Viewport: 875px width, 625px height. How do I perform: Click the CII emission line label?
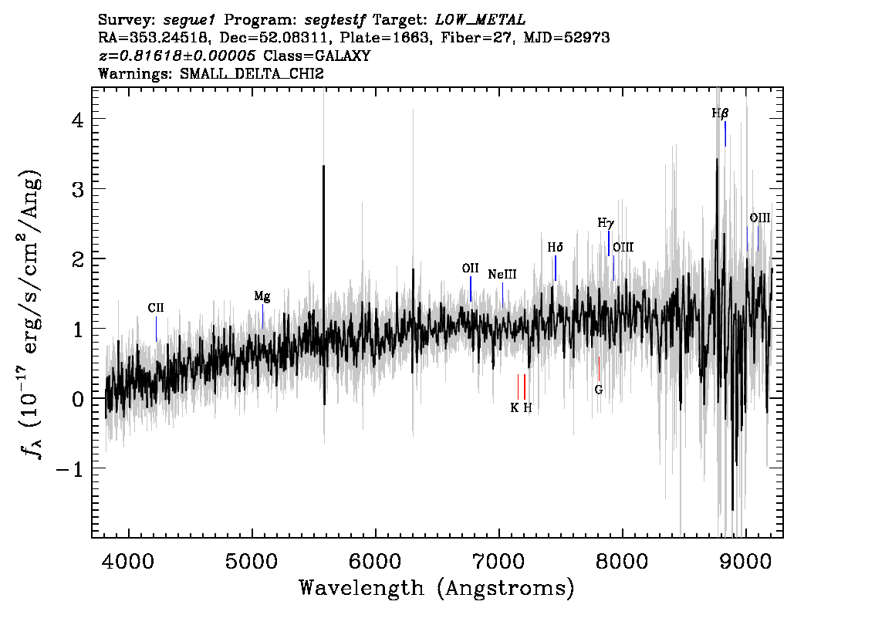[156, 308]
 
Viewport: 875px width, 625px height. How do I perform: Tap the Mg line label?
[262, 296]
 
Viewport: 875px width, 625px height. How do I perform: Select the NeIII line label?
[502, 274]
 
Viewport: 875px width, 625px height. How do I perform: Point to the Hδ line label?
[556, 247]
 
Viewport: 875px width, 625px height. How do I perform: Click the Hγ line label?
[606, 223]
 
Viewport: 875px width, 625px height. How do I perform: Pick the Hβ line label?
[720, 113]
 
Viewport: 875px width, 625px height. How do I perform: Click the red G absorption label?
[599, 390]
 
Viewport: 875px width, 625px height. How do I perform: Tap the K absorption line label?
[514, 408]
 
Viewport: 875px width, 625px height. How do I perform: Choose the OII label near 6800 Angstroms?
[471, 269]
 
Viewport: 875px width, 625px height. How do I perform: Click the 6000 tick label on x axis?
[375, 562]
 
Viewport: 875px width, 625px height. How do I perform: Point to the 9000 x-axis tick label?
[745, 562]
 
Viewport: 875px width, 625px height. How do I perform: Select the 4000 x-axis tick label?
[128, 562]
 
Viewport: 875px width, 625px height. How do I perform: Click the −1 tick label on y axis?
[69, 469]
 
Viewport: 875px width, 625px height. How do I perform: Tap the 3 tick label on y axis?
[78, 189]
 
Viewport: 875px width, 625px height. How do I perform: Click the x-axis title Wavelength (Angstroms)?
[437, 588]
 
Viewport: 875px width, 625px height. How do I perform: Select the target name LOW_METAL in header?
[481, 20]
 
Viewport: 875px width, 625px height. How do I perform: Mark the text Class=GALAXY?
[317, 56]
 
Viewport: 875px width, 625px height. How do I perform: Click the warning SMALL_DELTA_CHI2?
[252, 73]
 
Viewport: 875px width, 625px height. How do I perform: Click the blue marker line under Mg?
[263, 316]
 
